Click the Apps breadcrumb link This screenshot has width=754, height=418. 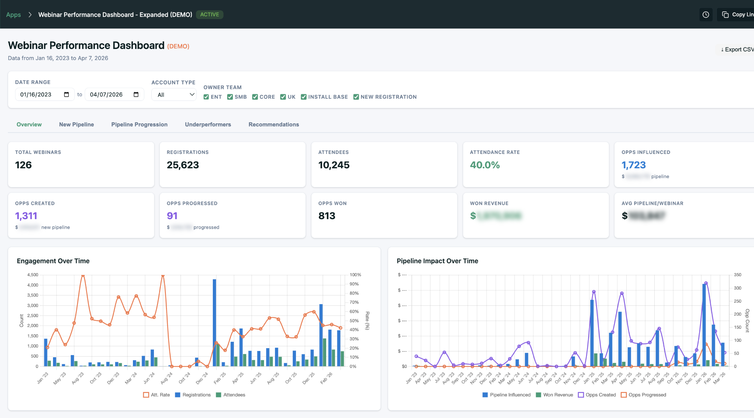[x=13, y=15]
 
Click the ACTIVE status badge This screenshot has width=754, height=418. [x=209, y=15]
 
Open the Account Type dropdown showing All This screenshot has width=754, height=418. [x=174, y=95]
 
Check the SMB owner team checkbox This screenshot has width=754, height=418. [x=230, y=97]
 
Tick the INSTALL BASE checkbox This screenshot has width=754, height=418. [x=304, y=97]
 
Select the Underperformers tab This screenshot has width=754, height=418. [x=208, y=124]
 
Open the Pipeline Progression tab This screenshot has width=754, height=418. [x=139, y=124]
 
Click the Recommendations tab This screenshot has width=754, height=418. [x=274, y=124]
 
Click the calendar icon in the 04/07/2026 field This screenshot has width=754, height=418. [x=136, y=95]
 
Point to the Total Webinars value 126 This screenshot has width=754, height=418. [x=24, y=165]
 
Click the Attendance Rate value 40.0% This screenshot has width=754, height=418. [x=485, y=165]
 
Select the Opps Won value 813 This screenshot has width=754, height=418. [x=327, y=216]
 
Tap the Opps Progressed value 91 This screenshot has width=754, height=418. [x=172, y=216]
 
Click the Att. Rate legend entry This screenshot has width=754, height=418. [x=156, y=395]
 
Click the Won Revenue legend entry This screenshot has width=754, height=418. [x=554, y=395]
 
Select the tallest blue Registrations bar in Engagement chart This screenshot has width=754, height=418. [x=214, y=322]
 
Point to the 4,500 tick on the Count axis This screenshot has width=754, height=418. [x=33, y=275]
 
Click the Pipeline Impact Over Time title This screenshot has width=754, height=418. [x=437, y=261]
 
